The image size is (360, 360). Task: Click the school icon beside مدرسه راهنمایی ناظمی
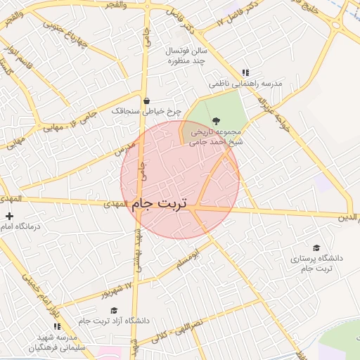click(245, 72)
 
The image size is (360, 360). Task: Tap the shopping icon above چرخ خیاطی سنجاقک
click(146, 101)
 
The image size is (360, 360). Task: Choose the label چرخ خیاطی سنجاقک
click(146, 111)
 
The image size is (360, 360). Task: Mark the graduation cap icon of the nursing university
click(317, 247)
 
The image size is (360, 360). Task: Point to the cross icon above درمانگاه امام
click(9, 216)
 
